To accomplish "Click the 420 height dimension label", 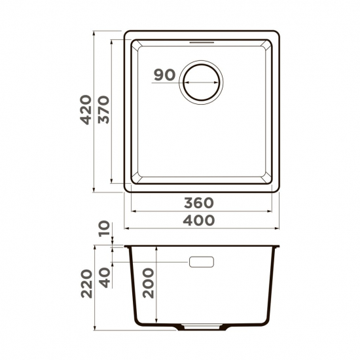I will point(86,111).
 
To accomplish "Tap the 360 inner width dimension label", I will point(199,203).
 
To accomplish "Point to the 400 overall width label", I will point(199,220).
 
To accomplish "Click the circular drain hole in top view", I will point(202,83).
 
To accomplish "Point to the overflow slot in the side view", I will point(202,262).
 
